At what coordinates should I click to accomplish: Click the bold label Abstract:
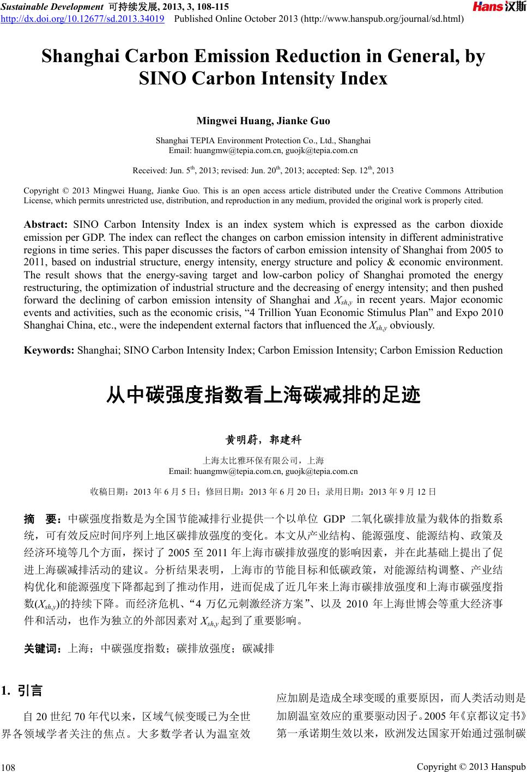tap(46, 224)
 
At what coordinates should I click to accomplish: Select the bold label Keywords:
tap(50, 350)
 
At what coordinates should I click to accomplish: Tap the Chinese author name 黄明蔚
tap(239, 440)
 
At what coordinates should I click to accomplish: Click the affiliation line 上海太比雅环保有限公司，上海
tap(263, 460)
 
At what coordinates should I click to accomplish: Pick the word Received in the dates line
tap(149, 171)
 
